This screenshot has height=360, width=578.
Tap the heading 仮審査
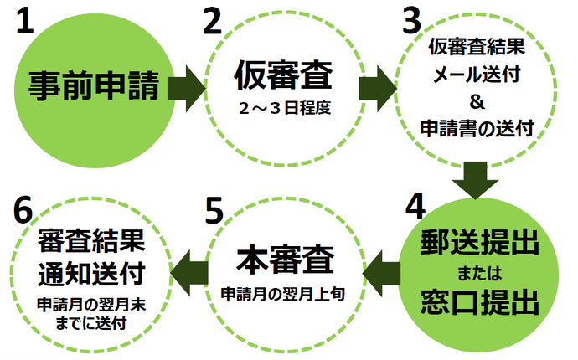(x=282, y=78)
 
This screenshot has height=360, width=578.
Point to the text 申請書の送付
(x=478, y=127)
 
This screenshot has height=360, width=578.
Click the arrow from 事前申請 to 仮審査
(x=187, y=85)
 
